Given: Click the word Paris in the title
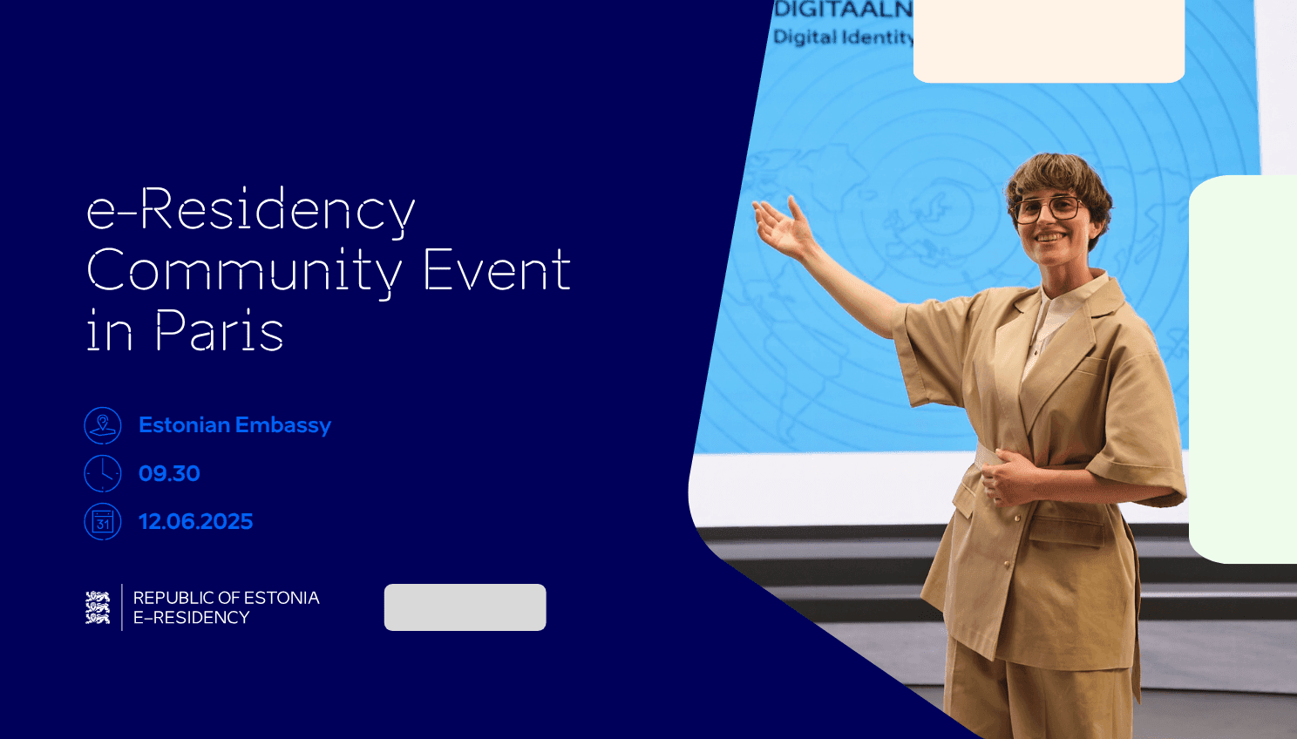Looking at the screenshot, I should click(219, 331).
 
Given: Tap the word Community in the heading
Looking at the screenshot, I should click(244, 270).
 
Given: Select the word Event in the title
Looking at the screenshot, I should click(497, 270).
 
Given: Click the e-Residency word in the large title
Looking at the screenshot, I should click(251, 210).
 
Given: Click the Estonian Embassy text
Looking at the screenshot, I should click(234, 425).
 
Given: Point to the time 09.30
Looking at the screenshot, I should click(169, 473).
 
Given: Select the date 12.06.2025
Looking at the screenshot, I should click(195, 521).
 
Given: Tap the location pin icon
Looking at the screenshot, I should click(103, 425).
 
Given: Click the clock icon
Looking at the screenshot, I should click(103, 473).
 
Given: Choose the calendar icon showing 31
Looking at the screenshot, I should click(103, 521).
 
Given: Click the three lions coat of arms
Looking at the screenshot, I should click(98, 607).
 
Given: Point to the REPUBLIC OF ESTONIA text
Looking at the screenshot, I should click(226, 598).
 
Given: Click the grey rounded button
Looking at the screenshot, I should click(465, 607).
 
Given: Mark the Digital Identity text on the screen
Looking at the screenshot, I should click(843, 37).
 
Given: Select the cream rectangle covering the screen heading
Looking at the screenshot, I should click(1049, 40).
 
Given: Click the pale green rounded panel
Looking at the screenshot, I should click(1245, 369).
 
